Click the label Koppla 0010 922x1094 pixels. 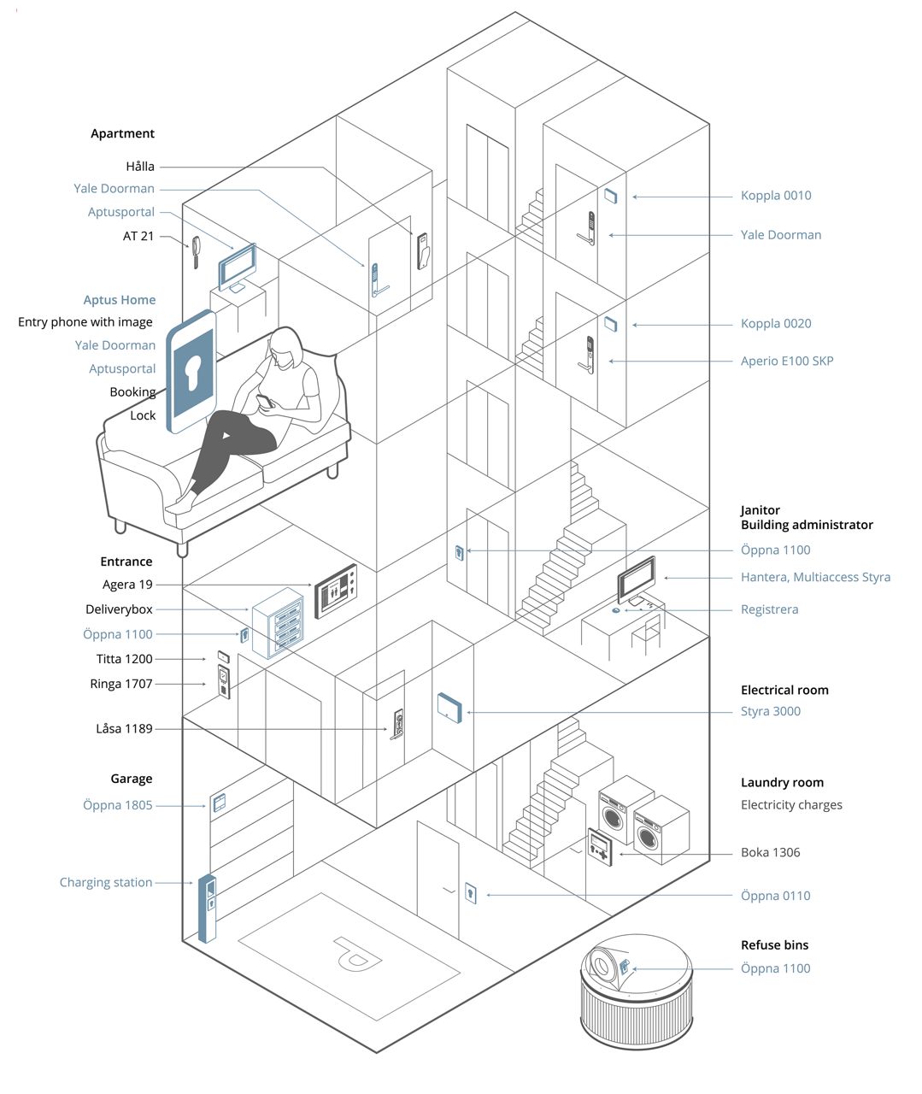coord(776,196)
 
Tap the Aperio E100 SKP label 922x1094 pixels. coord(786,361)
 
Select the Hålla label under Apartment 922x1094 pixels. coord(140,167)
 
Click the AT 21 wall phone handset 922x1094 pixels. coord(196,251)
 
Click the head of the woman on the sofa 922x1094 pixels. coord(285,348)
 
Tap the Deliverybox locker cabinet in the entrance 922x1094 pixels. coord(278,621)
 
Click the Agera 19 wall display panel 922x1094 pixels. coord(337,591)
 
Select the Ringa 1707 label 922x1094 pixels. coord(120,684)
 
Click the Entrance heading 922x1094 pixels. coord(126,562)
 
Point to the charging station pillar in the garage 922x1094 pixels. coord(207,907)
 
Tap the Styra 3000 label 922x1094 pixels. coord(770,711)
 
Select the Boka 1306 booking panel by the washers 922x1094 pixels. coord(600,846)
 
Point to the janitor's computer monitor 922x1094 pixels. coord(637,579)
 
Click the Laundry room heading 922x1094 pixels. coord(782,782)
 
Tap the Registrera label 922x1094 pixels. coord(769,609)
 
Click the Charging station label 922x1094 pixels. coord(106,882)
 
